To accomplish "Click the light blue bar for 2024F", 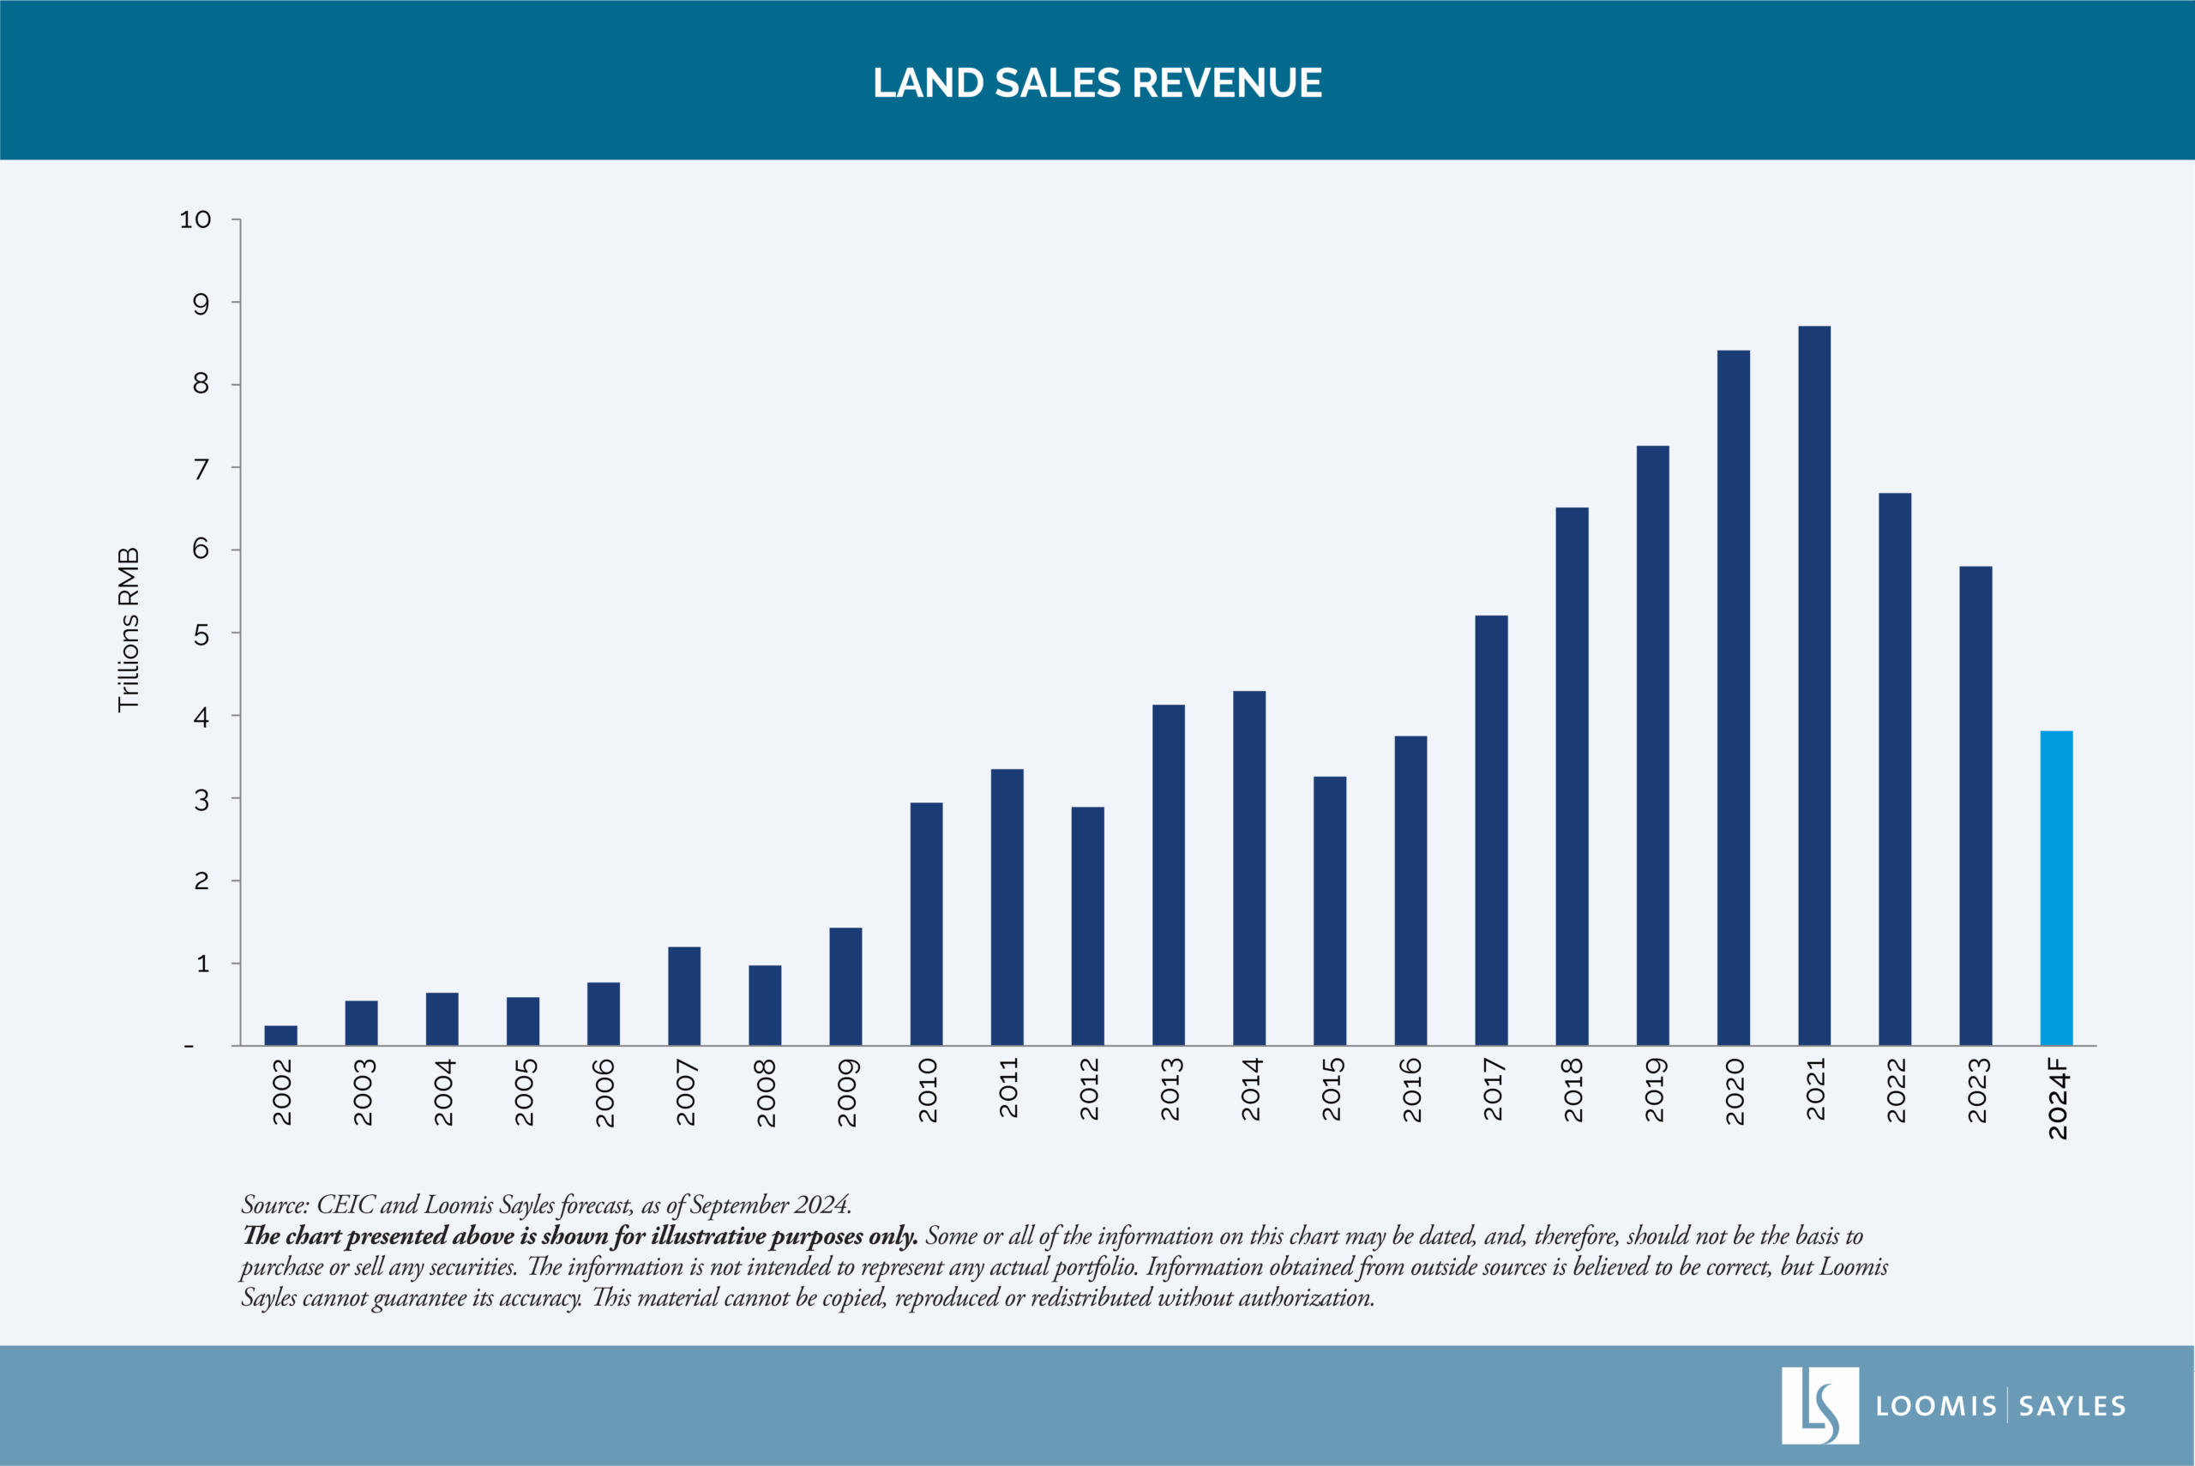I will click(x=2056, y=888).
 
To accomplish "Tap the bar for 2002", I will click(x=280, y=1035).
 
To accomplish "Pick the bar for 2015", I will click(x=1329, y=910).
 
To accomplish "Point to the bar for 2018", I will click(x=1572, y=776).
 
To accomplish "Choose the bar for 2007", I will click(x=683, y=995).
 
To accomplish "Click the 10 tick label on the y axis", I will click(x=195, y=219).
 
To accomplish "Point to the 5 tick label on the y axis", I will click(x=201, y=634).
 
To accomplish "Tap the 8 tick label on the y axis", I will click(x=201, y=384).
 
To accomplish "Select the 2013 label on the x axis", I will click(x=1170, y=1090).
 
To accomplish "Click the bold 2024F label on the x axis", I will click(x=2058, y=1098).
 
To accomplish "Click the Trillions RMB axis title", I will click(x=128, y=630).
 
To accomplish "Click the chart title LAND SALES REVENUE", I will click(x=1097, y=83).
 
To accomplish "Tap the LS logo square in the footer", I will click(x=1819, y=1405).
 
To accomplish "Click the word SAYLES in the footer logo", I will click(x=2072, y=1406).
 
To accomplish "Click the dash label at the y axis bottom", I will click(x=189, y=1046).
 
